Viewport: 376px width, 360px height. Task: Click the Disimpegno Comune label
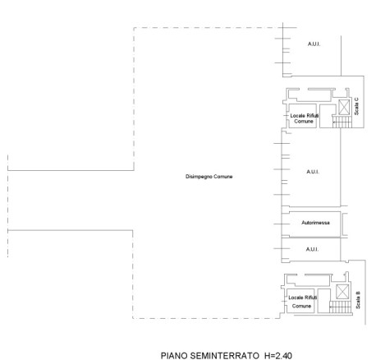point(209,177)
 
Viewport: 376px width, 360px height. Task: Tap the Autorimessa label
point(315,223)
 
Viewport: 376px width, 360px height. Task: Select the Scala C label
point(356,106)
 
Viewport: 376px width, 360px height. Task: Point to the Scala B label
point(358,300)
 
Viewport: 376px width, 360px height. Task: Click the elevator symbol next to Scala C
point(344,107)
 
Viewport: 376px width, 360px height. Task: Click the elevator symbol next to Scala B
point(342,292)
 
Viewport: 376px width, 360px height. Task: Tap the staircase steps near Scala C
point(342,122)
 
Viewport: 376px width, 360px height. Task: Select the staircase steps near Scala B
point(340,307)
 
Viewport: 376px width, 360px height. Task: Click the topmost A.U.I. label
point(314,44)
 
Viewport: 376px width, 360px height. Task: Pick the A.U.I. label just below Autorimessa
point(312,249)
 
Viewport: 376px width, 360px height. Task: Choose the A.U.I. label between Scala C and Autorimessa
point(313,172)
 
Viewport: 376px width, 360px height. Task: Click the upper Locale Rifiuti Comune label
point(305,118)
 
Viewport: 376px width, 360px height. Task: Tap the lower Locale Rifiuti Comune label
point(302,302)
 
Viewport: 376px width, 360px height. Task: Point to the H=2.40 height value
point(278,356)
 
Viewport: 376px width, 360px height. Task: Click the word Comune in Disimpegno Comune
point(223,177)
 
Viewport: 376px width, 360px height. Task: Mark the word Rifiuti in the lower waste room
point(310,298)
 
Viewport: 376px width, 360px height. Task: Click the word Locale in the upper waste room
point(297,116)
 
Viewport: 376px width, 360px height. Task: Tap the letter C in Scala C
point(356,99)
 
